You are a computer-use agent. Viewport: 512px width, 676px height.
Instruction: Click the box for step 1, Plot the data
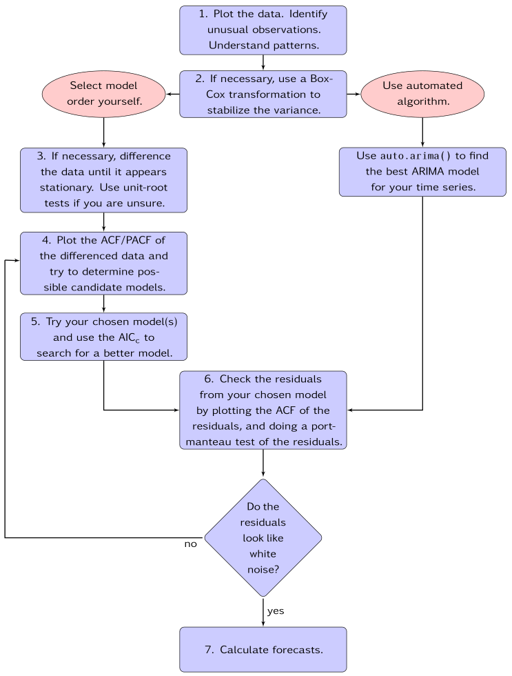point(263,30)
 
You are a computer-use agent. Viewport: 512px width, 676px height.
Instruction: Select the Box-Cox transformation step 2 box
point(263,94)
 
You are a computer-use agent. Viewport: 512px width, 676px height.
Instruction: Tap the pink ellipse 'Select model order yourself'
point(103,94)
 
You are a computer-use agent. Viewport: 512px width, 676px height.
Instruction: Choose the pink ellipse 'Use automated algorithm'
point(422,94)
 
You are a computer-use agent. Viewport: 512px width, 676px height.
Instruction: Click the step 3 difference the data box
point(103,179)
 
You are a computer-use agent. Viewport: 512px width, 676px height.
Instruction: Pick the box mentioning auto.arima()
point(422,172)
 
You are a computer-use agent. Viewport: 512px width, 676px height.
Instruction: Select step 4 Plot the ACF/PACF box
point(103,263)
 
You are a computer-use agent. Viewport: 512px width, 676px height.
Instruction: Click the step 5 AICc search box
point(103,337)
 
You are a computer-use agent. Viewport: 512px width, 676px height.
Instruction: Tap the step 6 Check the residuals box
point(263,410)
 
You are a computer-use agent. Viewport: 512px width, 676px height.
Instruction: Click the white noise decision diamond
point(263,537)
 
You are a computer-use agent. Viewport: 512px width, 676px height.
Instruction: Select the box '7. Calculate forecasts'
point(263,649)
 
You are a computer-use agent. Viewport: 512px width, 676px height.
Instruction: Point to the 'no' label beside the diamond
point(190,544)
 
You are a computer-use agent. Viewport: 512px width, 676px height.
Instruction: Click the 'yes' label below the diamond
point(276,611)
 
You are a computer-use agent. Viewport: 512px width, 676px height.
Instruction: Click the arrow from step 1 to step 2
point(263,63)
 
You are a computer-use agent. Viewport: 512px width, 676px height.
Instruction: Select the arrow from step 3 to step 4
point(103,221)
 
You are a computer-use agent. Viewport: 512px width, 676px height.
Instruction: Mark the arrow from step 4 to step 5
point(103,304)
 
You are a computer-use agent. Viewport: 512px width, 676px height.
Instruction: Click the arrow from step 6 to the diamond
point(263,464)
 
